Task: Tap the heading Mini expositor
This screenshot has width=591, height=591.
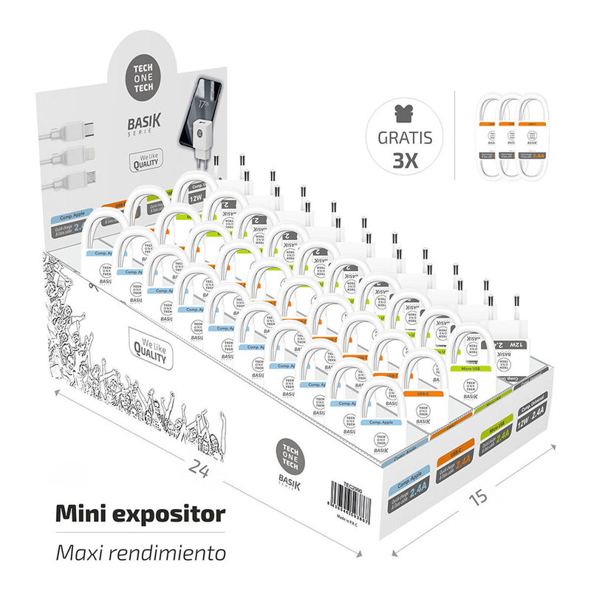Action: (140, 513)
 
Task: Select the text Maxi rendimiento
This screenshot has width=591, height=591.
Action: (140, 551)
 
